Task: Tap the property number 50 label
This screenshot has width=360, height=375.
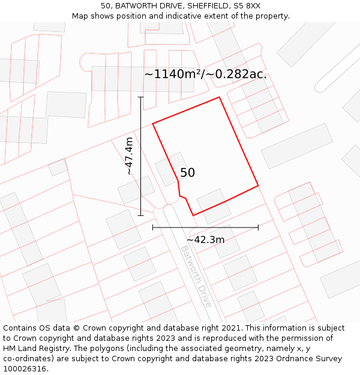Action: pos(187,173)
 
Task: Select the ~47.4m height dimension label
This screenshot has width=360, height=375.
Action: pos(129,156)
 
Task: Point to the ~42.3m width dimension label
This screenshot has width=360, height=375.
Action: pos(205,240)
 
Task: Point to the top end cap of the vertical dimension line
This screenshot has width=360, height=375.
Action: pos(141,97)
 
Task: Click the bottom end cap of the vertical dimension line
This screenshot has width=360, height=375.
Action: pos(141,215)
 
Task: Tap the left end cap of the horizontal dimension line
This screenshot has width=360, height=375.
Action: pos(153,227)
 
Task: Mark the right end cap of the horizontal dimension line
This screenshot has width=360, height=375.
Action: pos(258,227)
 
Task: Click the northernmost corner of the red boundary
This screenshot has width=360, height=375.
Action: pos(219,97)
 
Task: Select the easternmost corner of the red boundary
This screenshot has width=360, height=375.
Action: pos(258,185)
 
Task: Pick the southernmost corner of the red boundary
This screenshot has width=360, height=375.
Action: pos(193,215)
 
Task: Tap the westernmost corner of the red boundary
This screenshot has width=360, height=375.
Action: pos(153,124)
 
